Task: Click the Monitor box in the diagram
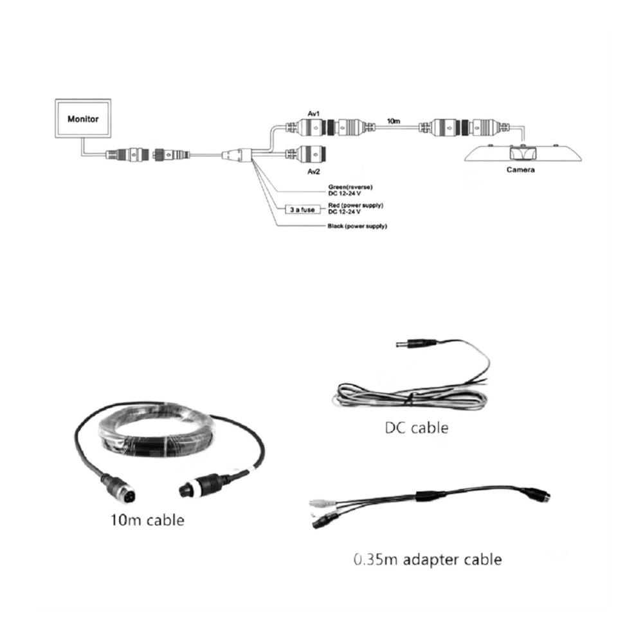(83, 118)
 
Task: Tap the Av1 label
(314, 114)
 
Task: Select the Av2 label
(314, 172)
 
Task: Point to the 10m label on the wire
(394, 121)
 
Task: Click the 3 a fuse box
(303, 210)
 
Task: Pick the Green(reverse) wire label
(350, 187)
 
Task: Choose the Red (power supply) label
(356, 205)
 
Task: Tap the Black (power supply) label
(357, 226)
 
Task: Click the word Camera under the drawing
(520, 170)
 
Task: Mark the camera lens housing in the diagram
(523, 154)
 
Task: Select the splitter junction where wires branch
(237, 155)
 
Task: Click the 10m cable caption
(148, 520)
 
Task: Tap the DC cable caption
(417, 428)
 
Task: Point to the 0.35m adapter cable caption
(428, 560)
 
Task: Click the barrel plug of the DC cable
(415, 343)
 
